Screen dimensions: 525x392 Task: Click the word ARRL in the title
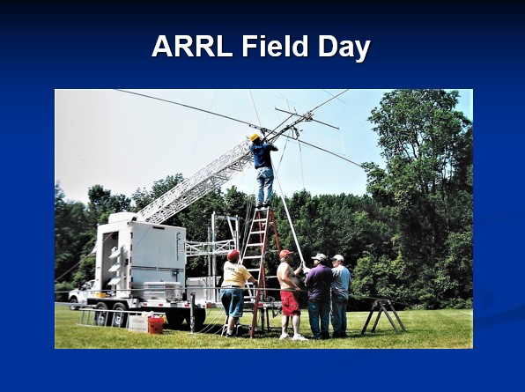[192, 46]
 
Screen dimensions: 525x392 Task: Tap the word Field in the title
[275, 46]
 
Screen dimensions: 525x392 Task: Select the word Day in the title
[344, 48]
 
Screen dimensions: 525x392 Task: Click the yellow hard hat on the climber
[254, 137]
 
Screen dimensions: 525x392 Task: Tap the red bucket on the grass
[156, 325]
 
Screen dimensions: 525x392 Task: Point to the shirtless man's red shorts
[290, 303]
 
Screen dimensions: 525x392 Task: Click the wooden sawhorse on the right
[384, 316]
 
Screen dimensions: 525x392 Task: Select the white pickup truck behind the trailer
[80, 294]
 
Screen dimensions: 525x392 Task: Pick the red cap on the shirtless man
[285, 254]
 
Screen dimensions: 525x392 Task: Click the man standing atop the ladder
[263, 170]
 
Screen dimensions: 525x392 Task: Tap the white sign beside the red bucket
[138, 323]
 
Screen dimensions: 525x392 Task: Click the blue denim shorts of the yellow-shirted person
[232, 303]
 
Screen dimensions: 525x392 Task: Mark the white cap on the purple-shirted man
[319, 256]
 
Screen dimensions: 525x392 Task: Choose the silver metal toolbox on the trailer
[164, 291]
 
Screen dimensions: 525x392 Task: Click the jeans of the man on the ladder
[264, 186]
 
